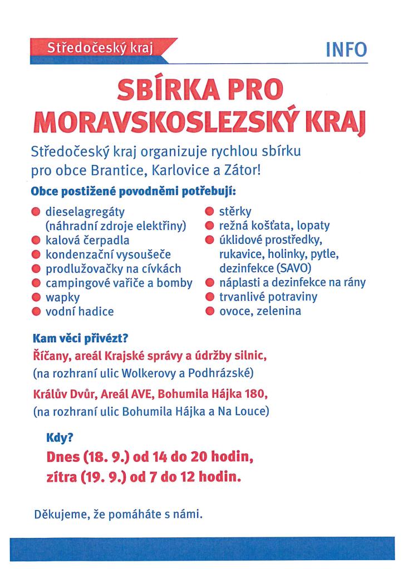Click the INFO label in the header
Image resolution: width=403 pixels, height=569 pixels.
346,49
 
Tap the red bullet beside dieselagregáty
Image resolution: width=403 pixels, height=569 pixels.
36,212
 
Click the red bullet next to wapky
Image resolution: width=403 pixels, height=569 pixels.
36,297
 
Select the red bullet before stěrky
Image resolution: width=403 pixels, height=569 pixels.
209,212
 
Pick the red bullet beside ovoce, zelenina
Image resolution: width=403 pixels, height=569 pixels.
209,311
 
